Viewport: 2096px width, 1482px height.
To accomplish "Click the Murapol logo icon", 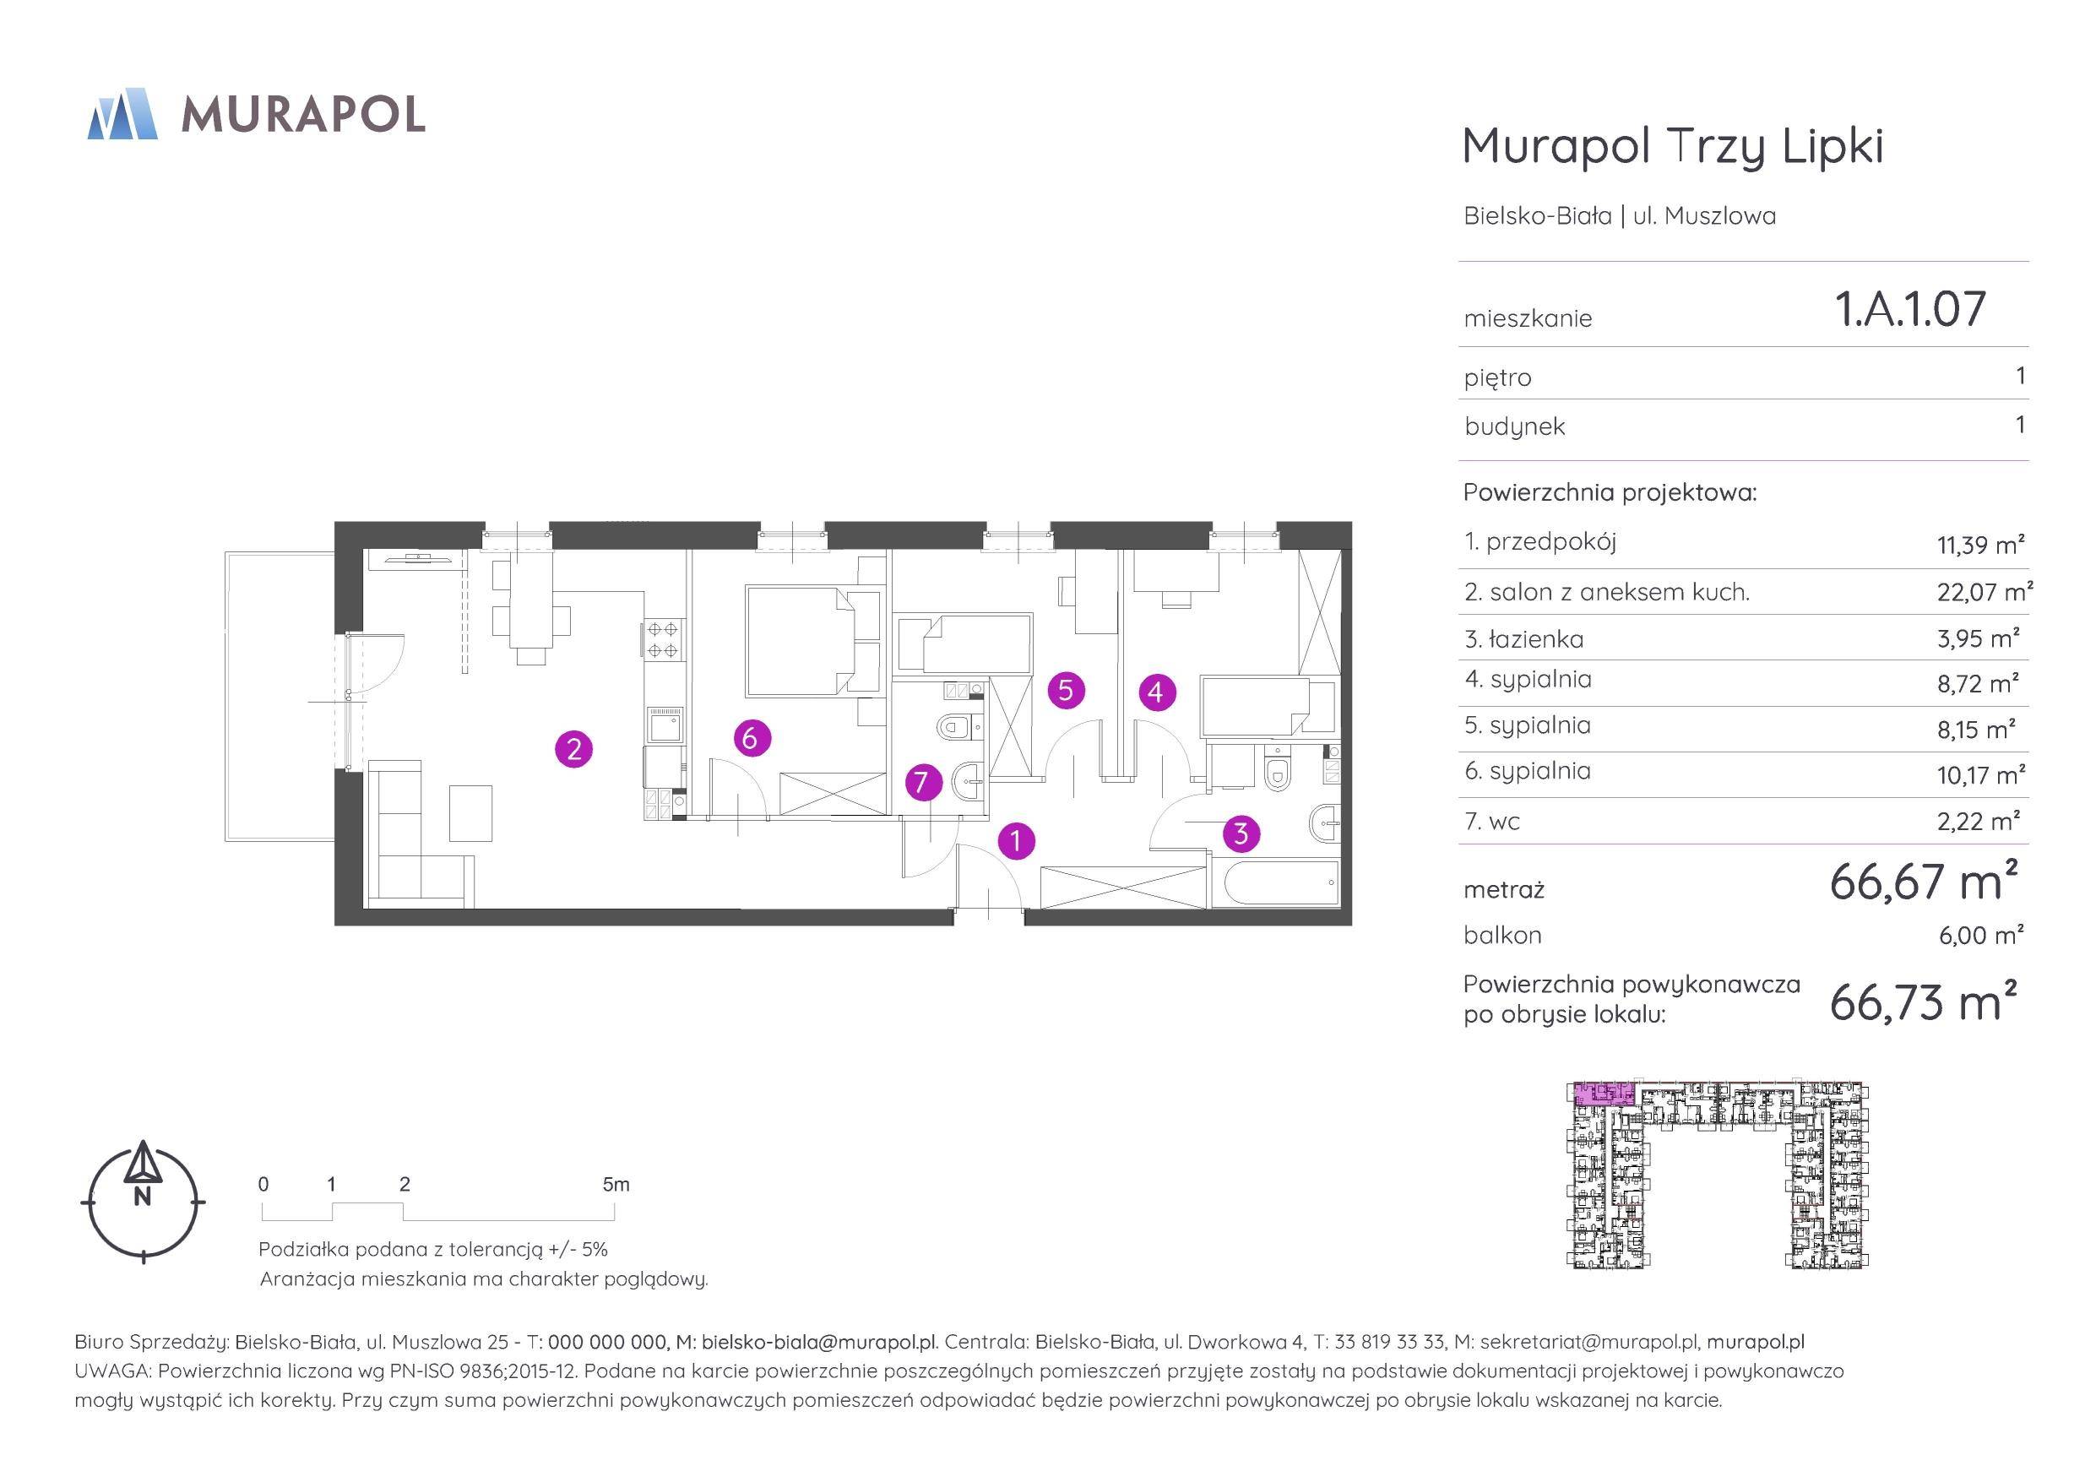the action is tap(122, 114).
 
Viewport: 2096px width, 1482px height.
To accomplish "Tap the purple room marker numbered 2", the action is tap(574, 750).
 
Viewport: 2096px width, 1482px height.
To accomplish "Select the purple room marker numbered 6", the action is tap(751, 737).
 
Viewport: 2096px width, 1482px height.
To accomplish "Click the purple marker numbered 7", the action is tap(922, 783).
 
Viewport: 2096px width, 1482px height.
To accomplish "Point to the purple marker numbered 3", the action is tap(1241, 833).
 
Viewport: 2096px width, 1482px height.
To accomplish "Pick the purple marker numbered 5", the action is tap(1067, 690).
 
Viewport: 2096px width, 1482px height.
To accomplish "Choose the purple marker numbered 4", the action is tap(1156, 692).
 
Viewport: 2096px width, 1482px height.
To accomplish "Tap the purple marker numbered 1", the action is tap(1016, 840).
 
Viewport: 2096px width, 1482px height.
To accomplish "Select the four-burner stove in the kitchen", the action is tap(663, 639).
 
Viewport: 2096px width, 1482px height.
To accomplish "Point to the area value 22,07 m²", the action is tap(1985, 592).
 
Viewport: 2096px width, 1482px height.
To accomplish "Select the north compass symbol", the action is tap(143, 1201).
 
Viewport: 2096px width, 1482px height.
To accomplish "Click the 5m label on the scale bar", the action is tap(616, 1184).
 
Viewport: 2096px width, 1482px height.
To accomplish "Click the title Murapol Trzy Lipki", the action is tap(1672, 146).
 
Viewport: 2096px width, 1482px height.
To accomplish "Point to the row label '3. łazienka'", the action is tap(1523, 639).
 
